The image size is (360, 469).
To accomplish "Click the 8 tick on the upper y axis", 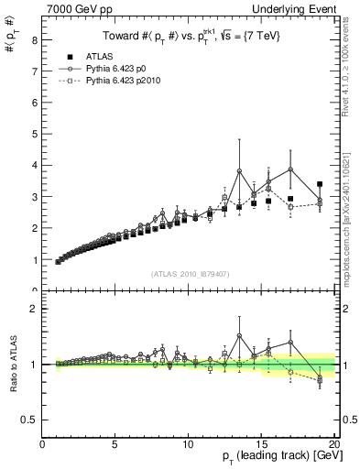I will click(x=34, y=40).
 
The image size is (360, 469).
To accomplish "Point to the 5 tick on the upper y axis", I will click(x=34, y=135).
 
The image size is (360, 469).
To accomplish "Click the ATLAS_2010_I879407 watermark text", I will click(x=190, y=273).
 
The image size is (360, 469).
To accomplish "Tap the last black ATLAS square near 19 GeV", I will click(x=320, y=185).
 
